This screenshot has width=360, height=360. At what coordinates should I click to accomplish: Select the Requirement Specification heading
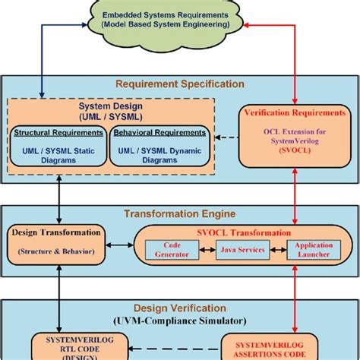point(179,84)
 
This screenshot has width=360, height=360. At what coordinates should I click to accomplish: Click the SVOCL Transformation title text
point(241,232)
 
